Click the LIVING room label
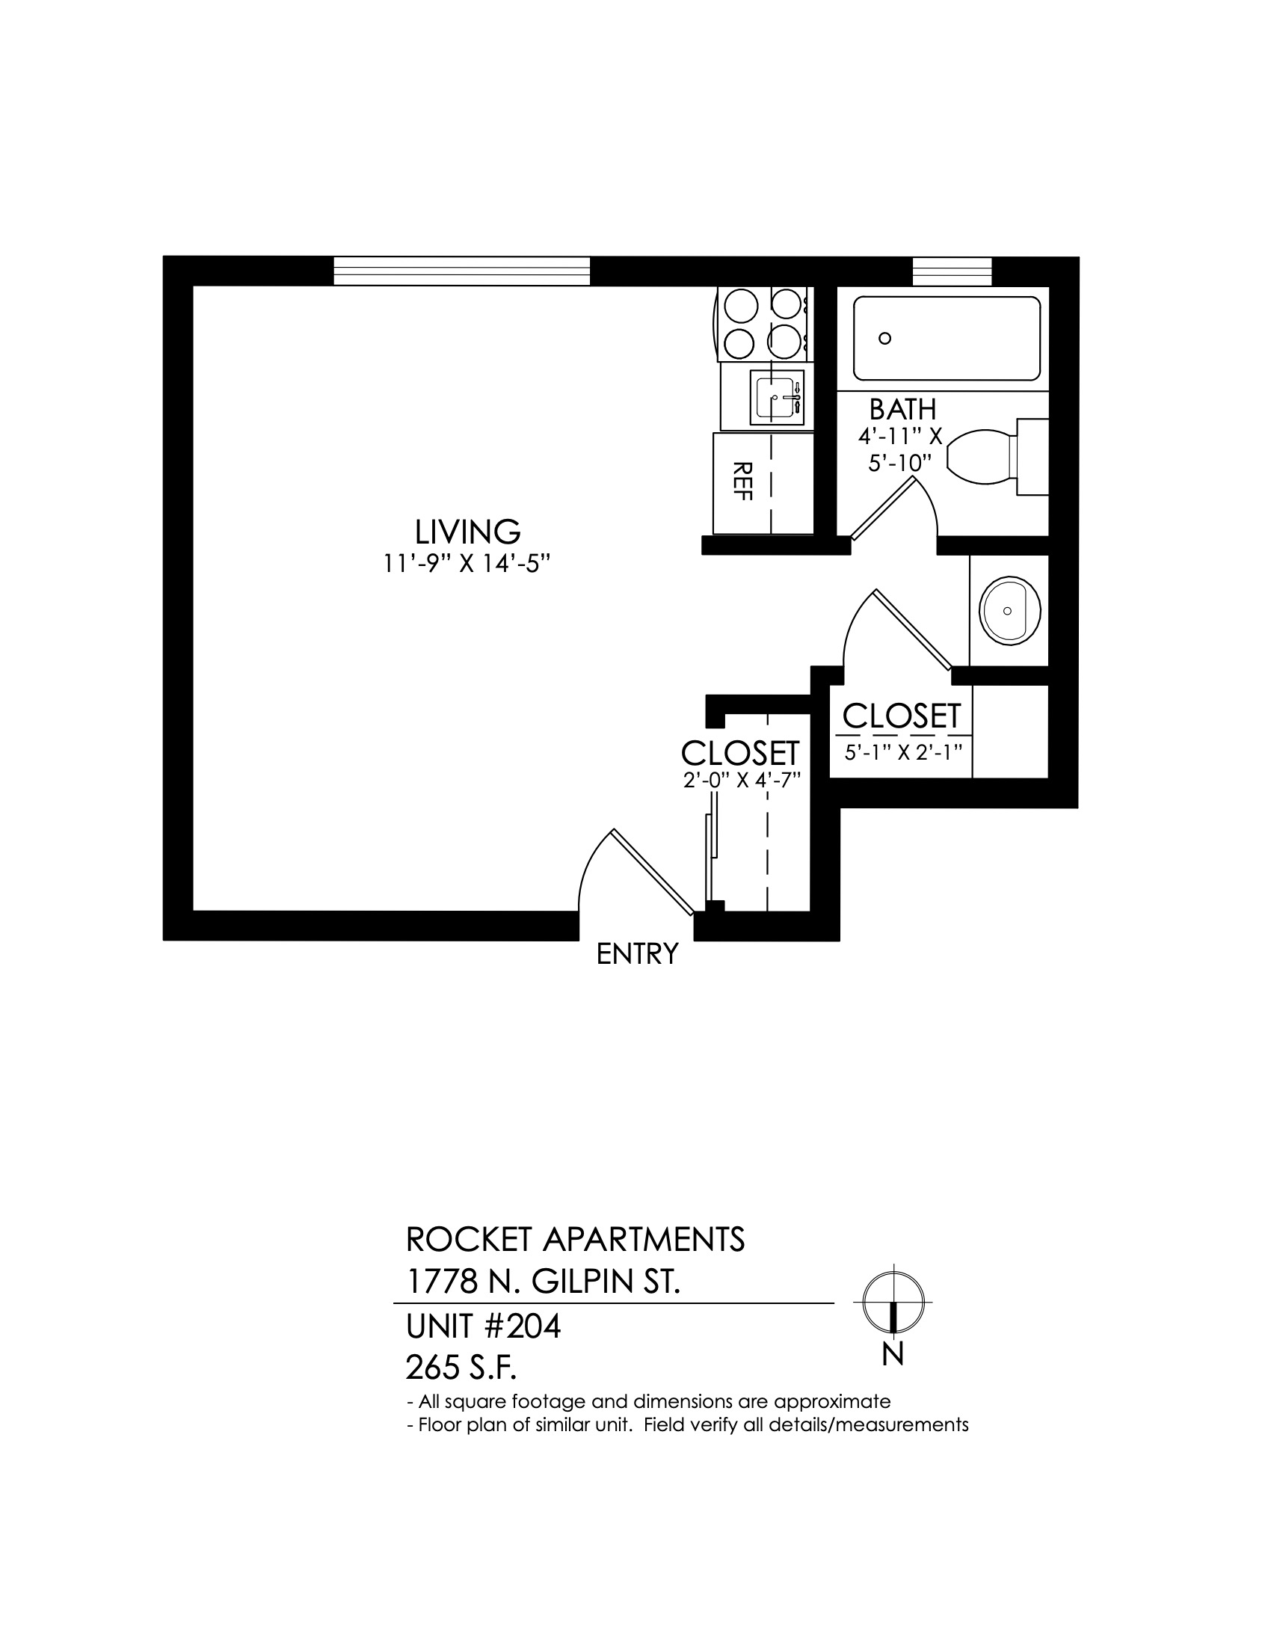[x=467, y=532]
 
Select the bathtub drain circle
[x=885, y=338]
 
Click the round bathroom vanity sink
[x=1010, y=611]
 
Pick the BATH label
[x=903, y=410]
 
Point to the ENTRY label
[x=637, y=954]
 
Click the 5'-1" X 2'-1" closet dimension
[x=904, y=752]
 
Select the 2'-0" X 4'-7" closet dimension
[x=741, y=781]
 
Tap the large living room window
[x=461, y=271]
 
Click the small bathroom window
[x=952, y=271]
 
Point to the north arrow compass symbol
[x=892, y=1303]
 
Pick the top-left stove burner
[x=739, y=305]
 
